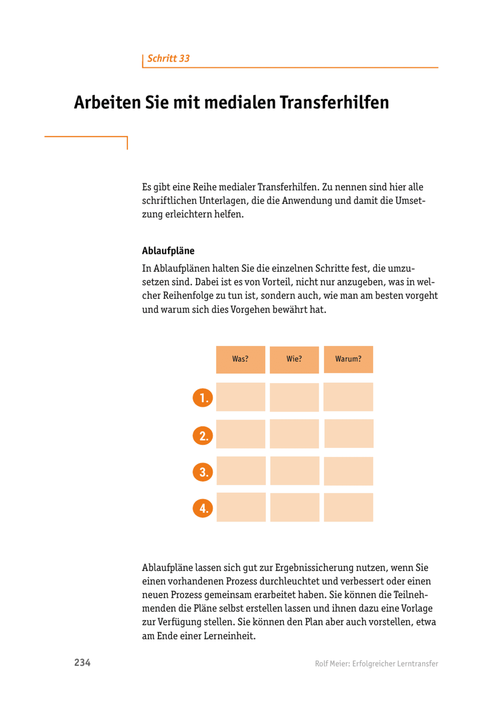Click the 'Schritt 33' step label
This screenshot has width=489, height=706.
point(168,59)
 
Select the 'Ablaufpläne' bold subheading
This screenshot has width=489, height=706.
point(168,251)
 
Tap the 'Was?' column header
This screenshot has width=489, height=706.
point(240,359)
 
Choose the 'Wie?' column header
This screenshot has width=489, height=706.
point(294,359)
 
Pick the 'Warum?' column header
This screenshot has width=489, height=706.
point(348,359)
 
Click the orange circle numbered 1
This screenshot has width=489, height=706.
point(203,398)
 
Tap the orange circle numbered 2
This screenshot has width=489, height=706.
point(203,435)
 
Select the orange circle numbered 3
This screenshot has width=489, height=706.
point(203,472)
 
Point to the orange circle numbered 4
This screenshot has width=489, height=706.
point(203,508)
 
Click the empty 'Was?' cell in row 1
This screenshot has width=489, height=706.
point(240,397)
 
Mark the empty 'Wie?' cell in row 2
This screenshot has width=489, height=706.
point(294,434)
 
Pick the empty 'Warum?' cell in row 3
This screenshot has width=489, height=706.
point(348,471)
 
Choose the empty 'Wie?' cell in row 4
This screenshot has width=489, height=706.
point(295,507)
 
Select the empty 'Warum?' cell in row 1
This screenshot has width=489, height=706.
point(348,397)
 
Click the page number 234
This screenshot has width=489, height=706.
point(82,663)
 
